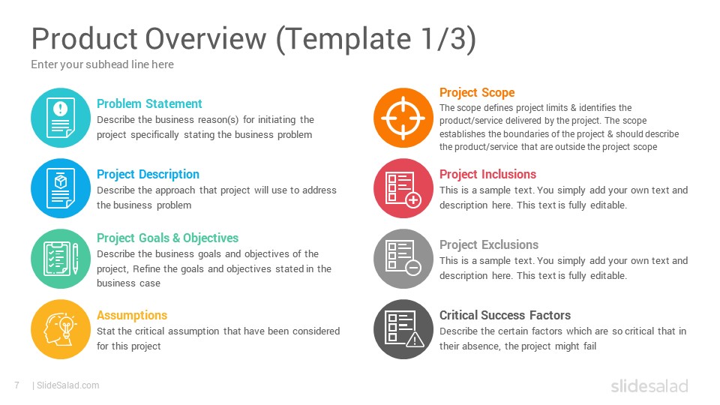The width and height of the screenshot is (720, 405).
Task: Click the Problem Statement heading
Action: click(149, 103)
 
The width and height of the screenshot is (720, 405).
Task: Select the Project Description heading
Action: click(148, 175)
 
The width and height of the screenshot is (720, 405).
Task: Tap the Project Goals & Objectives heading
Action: click(167, 238)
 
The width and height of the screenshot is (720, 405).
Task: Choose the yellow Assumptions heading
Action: click(132, 316)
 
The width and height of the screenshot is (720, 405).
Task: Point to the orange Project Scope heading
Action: click(477, 93)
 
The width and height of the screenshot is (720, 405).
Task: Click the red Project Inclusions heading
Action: click(487, 175)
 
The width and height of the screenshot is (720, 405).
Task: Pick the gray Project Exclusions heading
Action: click(489, 244)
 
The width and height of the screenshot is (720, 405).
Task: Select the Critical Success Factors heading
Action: click(505, 316)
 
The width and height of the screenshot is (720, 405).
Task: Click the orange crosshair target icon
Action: click(403, 118)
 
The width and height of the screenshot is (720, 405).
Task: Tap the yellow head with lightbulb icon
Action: click(61, 329)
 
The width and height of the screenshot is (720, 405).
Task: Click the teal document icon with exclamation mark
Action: click(61, 118)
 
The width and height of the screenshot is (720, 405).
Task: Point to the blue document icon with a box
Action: click(61, 188)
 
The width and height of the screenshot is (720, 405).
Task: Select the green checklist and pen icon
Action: click(61, 259)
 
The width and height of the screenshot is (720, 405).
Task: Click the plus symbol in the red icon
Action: click(413, 200)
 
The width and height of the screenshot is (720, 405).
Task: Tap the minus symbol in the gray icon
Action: click(413, 268)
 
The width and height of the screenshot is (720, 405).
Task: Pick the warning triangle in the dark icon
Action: click(415, 339)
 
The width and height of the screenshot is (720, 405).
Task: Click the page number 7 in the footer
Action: click(17, 385)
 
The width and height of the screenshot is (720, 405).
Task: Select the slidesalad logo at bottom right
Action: click(649, 385)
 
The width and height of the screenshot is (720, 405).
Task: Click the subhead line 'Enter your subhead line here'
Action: click(103, 64)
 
